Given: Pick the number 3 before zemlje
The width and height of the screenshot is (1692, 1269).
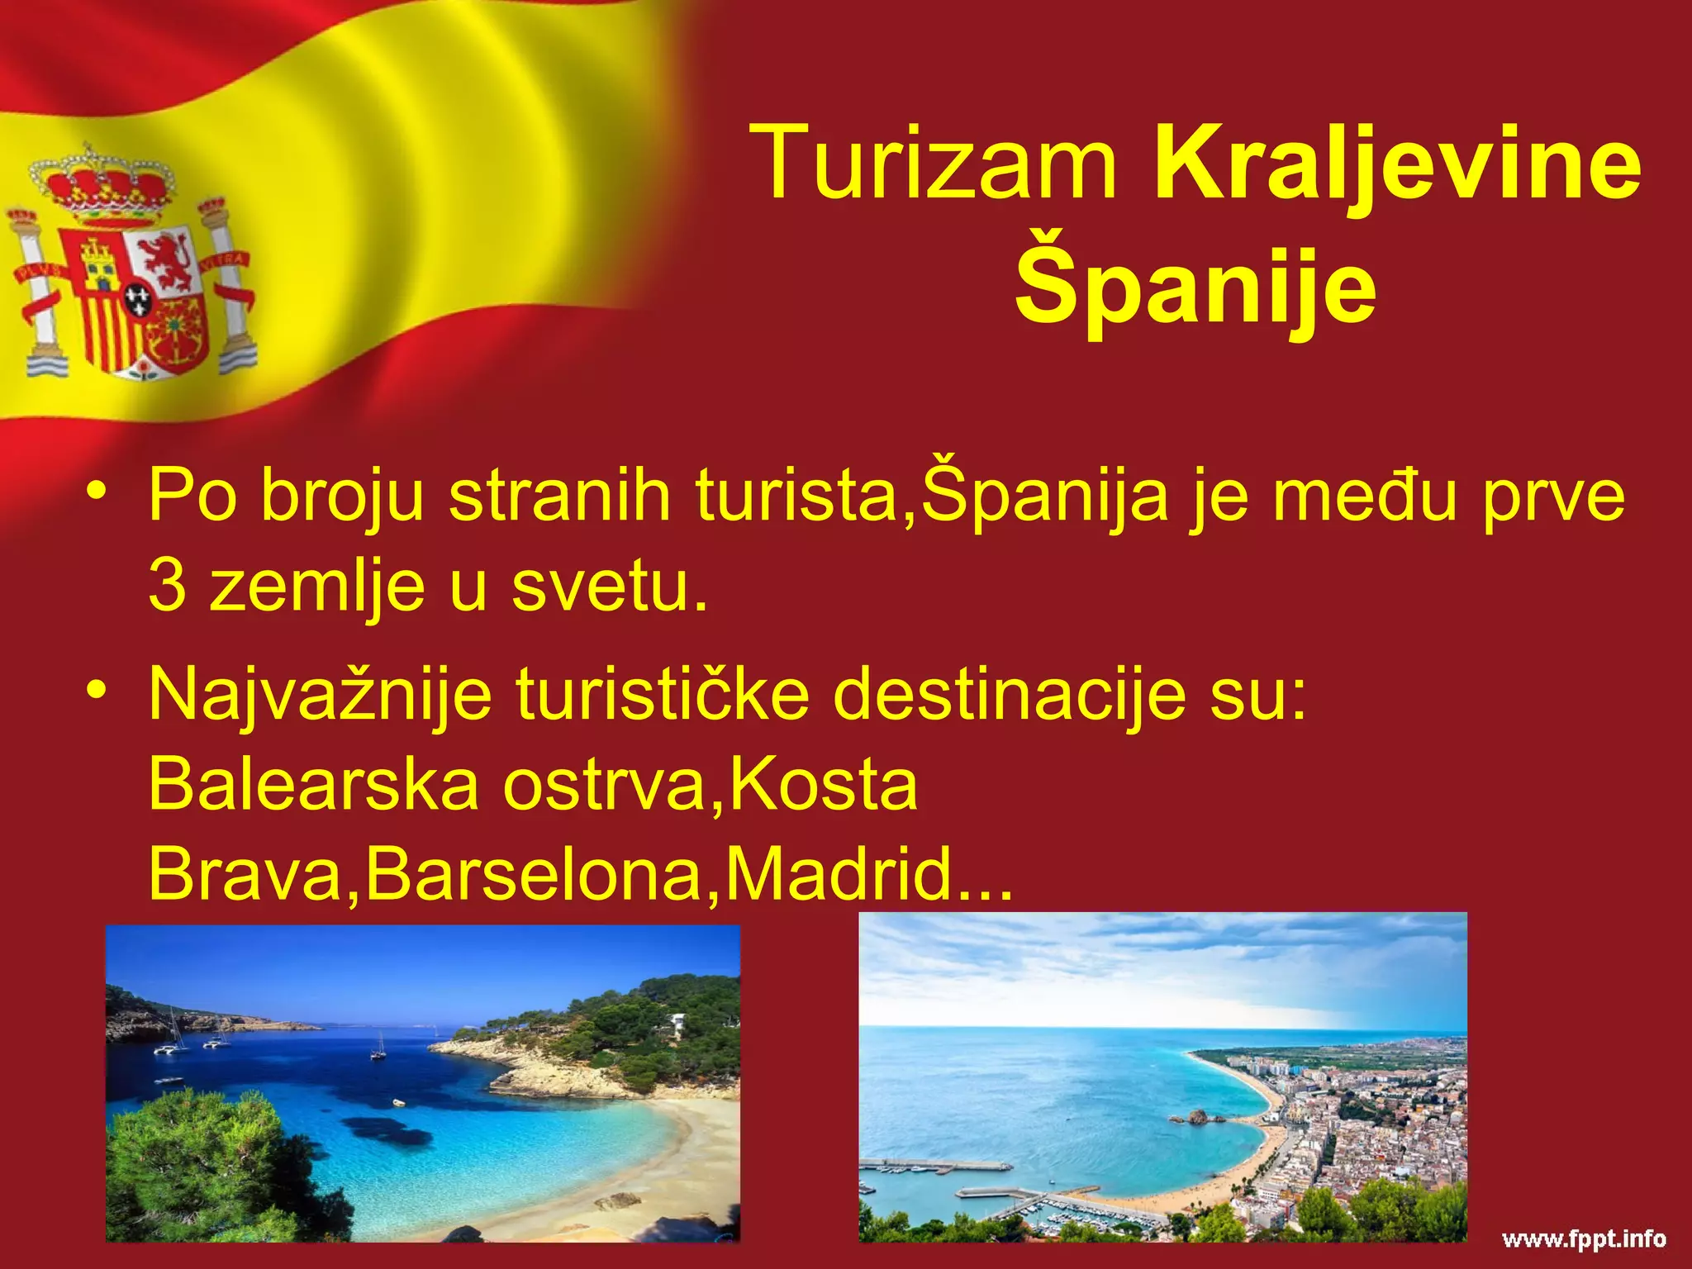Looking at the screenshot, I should (x=167, y=586).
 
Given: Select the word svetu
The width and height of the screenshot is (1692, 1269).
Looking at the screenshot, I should (x=609, y=586).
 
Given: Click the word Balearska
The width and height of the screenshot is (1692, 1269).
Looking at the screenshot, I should (x=314, y=784).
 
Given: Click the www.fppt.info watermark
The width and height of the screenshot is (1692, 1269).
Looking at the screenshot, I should (x=1583, y=1239).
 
